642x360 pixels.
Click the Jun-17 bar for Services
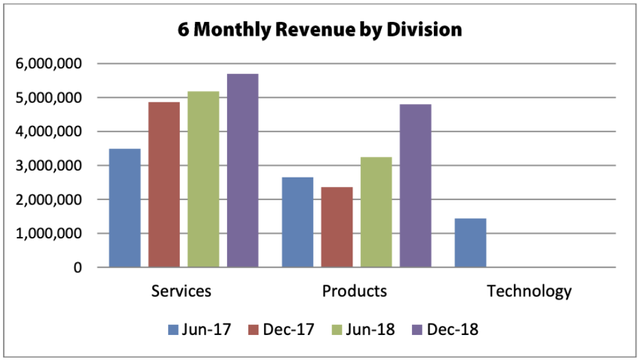point(125,208)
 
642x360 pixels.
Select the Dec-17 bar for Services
point(164,185)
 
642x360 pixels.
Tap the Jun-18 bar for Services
point(203,179)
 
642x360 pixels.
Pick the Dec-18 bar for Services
point(243,171)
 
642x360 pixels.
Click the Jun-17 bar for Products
point(297,222)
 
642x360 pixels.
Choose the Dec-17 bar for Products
point(337,227)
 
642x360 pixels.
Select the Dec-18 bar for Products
point(415,186)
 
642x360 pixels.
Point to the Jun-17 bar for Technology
point(470,243)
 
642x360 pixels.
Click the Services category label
point(181,292)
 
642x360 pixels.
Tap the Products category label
point(354,292)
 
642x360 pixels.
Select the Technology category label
point(529,292)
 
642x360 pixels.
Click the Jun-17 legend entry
point(200,329)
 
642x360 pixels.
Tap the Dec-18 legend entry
point(447,329)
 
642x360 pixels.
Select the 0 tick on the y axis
point(77,268)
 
